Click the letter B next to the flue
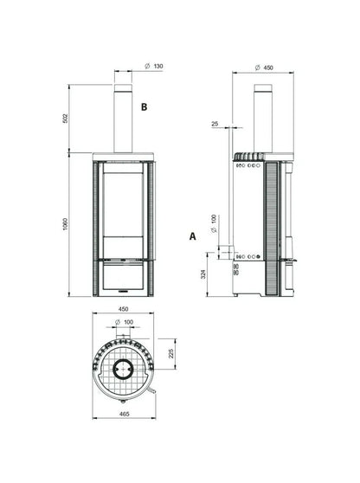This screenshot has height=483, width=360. click(145, 107)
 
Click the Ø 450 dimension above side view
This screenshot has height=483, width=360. click(264, 67)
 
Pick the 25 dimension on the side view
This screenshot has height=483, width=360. click(215, 124)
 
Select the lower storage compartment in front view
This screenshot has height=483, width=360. click(122, 277)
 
